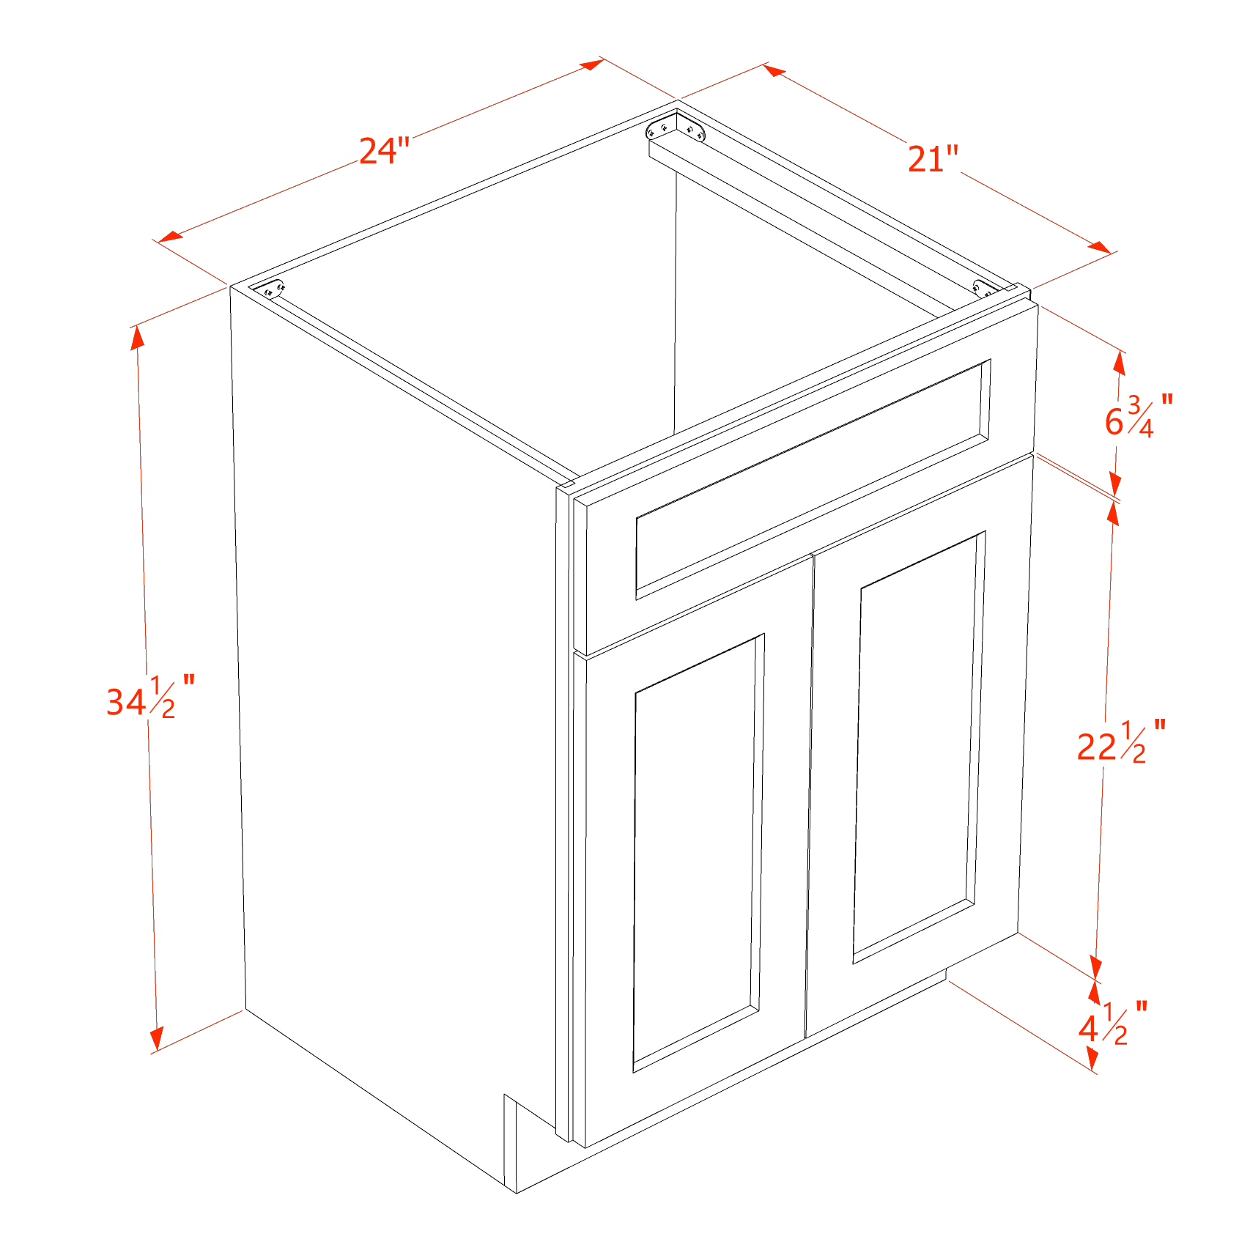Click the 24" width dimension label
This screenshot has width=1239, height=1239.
tap(383, 151)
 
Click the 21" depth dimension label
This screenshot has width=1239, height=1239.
tap(933, 159)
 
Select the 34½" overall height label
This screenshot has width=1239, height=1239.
tap(149, 698)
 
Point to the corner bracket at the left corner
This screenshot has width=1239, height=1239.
tap(273, 290)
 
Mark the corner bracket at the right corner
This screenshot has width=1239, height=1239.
tap(984, 288)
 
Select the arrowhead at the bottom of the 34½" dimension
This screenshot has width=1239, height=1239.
tap(156, 1038)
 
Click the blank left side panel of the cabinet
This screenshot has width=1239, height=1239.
tap(396, 696)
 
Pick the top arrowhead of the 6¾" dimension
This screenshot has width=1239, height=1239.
tap(1120, 363)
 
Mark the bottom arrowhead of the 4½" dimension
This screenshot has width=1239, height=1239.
tap(1092, 1057)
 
